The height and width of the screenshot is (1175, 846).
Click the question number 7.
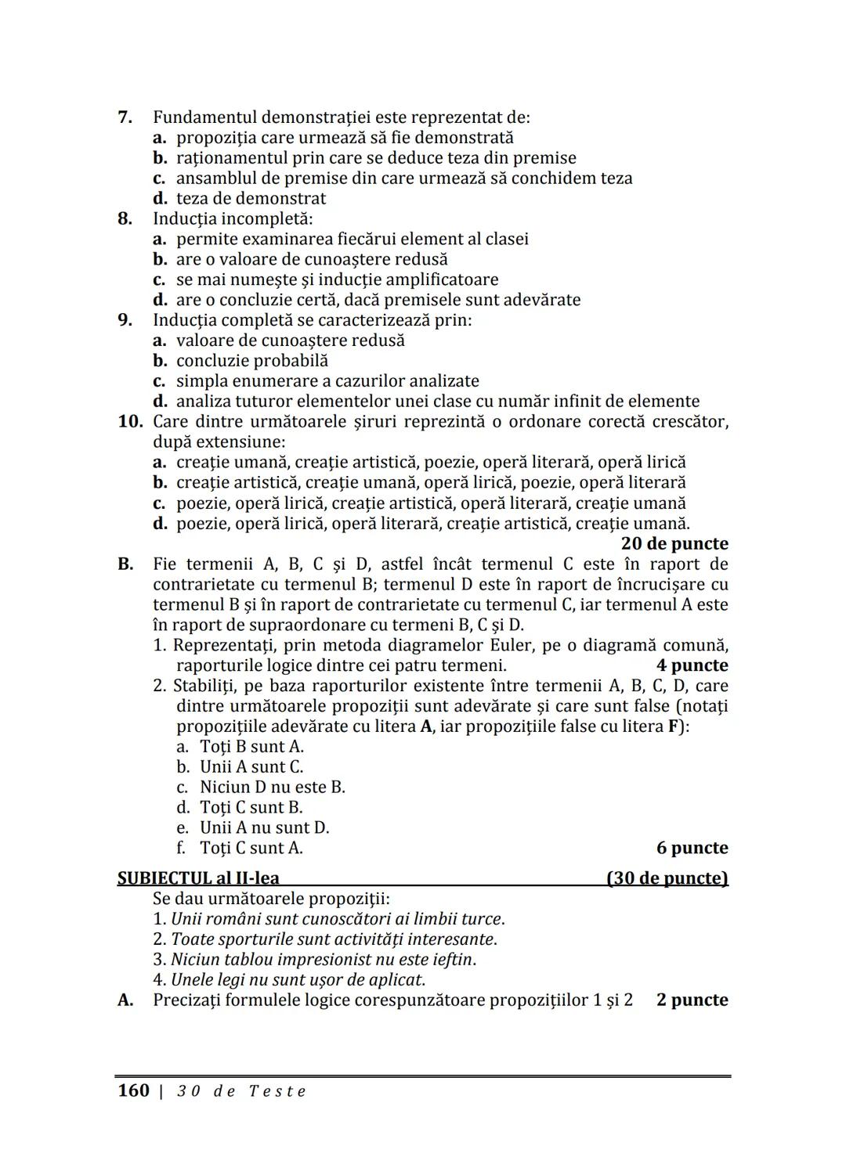point(124,117)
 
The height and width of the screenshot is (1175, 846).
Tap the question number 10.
point(129,422)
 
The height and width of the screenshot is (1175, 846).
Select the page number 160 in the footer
point(133,1090)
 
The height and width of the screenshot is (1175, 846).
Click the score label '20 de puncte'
point(674,543)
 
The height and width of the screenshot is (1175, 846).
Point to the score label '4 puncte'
point(692,665)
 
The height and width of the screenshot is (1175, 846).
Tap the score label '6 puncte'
point(692,848)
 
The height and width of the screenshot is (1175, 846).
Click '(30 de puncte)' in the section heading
point(667,878)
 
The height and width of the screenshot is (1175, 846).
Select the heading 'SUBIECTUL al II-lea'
point(198,878)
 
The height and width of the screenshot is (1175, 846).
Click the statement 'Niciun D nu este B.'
point(272,787)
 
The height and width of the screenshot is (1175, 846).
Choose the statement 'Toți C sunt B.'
point(251,807)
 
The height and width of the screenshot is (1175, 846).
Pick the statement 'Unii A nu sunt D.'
point(264,827)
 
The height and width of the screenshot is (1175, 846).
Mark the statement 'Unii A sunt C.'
point(251,766)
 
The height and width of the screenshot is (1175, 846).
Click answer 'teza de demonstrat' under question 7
point(251,199)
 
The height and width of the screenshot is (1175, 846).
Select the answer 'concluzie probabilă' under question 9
point(252,361)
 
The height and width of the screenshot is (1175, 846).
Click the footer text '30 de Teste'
point(241,1091)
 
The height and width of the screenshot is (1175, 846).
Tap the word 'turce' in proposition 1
point(483,919)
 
